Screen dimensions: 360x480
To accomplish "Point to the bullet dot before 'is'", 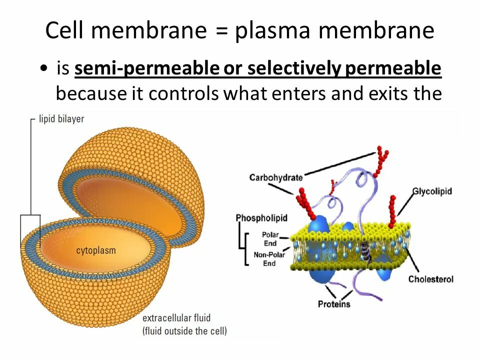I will pos(45,69).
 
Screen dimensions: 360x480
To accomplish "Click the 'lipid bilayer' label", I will pos(61,119).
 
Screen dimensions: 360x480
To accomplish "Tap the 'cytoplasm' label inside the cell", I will pos(96,250).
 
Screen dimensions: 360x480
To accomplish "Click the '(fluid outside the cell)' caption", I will pos(184,330).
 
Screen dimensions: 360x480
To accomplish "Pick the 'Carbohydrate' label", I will pos(276,177).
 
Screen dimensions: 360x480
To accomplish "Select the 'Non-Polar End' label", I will pos(269,259).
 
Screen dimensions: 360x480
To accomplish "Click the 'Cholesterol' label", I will pos(430,279).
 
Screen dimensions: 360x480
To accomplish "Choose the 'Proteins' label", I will pos(334,304).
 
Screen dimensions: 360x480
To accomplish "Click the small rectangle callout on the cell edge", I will pos(30,231).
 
